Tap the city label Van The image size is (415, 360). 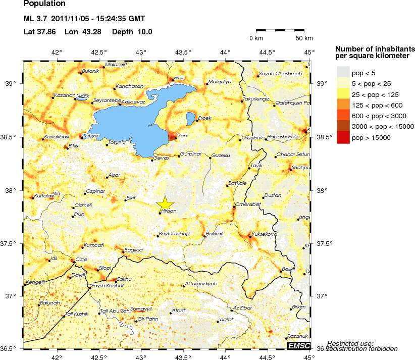183,135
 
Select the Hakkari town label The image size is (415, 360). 214,234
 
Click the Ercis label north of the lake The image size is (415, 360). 179,78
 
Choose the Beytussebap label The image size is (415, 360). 174,234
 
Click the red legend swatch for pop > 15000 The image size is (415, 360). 343,137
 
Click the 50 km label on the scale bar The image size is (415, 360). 304,38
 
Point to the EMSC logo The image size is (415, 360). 297,345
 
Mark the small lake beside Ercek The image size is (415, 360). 190,119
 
